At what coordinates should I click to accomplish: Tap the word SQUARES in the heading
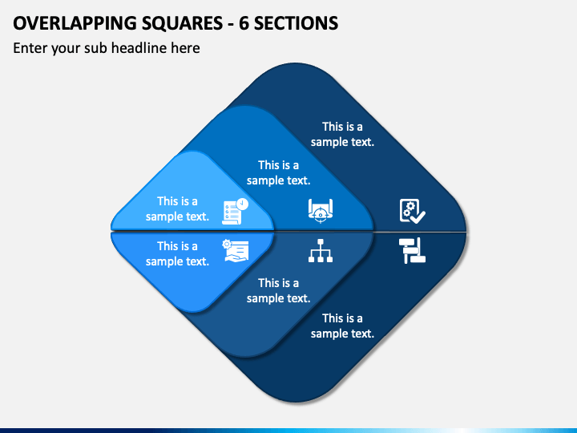(x=182, y=23)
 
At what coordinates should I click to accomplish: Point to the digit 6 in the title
(x=244, y=23)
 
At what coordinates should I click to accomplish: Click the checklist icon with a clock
(x=235, y=212)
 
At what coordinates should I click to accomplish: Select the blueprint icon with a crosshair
(x=321, y=211)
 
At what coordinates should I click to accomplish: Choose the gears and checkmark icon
(x=413, y=211)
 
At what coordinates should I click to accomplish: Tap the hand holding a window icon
(x=236, y=251)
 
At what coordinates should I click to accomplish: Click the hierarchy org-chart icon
(x=321, y=251)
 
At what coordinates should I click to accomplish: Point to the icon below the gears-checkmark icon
(x=412, y=251)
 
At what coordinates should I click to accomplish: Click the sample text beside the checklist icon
(x=177, y=208)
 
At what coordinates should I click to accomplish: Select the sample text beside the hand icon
(x=177, y=253)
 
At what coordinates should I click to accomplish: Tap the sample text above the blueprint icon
(x=279, y=172)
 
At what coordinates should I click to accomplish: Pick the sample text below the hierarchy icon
(x=279, y=290)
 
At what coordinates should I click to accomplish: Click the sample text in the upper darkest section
(x=343, y=134)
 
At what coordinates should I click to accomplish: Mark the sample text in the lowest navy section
(x=343, y=326)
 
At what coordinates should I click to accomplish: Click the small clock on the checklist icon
(x=242, y=204)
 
